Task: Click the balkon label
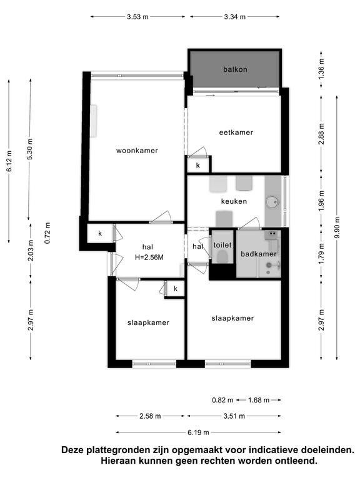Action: (235, 69)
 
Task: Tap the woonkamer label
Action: (137, 151)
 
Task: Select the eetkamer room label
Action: (236, 132)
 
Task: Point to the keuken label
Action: (234, 201)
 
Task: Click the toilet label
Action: (222, 245)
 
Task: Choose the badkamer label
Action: (258, 254)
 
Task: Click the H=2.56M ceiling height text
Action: (149, 257)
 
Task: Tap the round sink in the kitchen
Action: (272, 202)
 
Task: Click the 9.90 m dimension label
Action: (337, 227)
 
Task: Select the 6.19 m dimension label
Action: (198, 432)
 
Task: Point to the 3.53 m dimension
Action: (137, 17)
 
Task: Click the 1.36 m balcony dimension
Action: (321, 69)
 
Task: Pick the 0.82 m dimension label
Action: (222, 400)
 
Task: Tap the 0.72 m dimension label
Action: (47, 233)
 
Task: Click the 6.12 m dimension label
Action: (9, 161)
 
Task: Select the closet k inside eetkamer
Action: (198, 166)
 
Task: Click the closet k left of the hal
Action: (100, 234)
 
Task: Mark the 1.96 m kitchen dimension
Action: (321, 201)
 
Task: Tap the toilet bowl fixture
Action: (222, 257)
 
